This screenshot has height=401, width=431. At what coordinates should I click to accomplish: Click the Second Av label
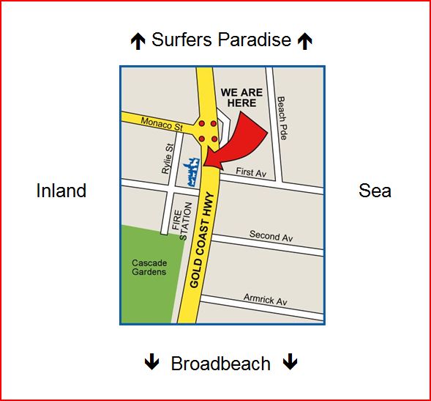tap(271, 236)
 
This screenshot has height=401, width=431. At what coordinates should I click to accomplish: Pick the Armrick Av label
tap(266, 301)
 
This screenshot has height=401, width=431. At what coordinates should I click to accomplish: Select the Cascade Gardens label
tap(149, 268)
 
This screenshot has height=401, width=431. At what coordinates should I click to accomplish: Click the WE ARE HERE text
tap(241, 98)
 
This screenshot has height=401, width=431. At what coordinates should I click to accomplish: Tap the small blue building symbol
tap(192, 170)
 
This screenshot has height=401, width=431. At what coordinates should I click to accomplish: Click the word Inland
tap(61, 191)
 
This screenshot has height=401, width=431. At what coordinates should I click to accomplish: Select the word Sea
tap(375, 191)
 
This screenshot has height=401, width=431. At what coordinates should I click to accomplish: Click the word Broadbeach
tap(220, 364)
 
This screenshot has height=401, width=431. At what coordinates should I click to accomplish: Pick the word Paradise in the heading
tap(256, 40)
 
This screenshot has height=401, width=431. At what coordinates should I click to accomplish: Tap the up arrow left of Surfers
tap(138, 42)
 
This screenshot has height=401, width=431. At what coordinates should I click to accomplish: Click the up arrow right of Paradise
tap(304, 42)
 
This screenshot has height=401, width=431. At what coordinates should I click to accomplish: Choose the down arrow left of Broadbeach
tap(151, 362)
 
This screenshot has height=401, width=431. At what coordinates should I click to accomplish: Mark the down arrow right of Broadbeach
tap(291, 362)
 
